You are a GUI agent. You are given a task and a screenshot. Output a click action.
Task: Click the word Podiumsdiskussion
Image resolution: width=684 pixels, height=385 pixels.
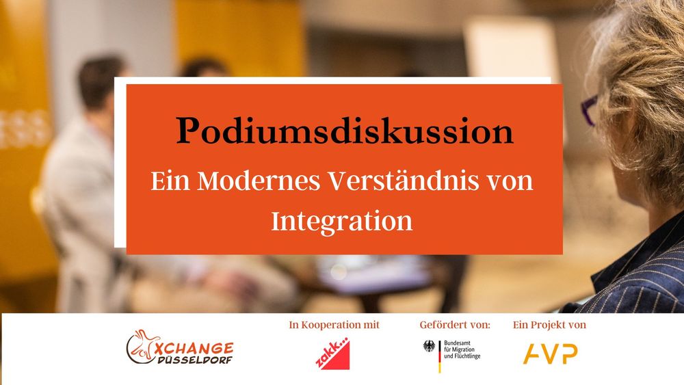pos(345,131)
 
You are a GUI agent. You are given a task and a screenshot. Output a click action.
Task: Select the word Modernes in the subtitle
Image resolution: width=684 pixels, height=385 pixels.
pos(259,181)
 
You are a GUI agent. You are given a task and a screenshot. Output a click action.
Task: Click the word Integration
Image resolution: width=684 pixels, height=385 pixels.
pos(341,222)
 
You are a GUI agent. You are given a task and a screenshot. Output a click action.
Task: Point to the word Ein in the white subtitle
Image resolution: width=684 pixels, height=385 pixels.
pos(170,181)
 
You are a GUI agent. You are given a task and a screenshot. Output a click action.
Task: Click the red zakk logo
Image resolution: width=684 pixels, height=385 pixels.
pos(332,354)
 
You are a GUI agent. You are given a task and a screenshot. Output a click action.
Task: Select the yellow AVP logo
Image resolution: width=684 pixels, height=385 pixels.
pos(550,354)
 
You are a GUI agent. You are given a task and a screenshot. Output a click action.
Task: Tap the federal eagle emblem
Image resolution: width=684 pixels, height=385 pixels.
pos(430,346)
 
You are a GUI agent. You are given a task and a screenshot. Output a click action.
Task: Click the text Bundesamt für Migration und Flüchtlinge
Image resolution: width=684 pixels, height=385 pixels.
pos(462,349)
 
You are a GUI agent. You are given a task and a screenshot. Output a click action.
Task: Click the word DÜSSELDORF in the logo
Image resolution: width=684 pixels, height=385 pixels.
pos(194,360)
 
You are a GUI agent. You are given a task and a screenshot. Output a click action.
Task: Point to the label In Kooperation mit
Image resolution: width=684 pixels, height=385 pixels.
pos(334,325)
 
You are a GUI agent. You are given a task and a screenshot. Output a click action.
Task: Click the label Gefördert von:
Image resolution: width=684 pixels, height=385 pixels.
pos(455,325)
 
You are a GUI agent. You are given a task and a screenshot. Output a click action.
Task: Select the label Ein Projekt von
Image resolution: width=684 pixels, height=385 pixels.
pos(550,325)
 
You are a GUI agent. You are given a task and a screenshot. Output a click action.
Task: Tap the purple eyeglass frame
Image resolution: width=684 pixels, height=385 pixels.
pos(589,110)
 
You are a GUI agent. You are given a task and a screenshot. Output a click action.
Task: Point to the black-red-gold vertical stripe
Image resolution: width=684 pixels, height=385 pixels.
pos(440,356)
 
